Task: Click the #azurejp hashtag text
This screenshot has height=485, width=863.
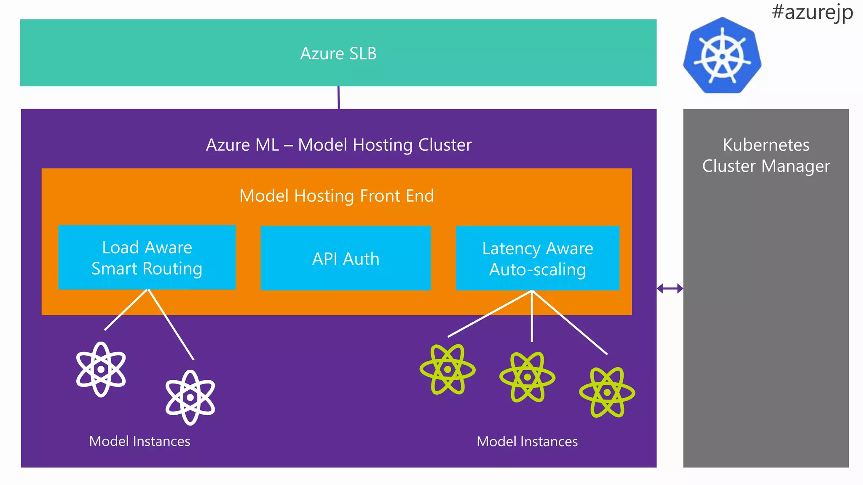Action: point(812,12)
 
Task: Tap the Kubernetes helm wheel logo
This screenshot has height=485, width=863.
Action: point(722,56)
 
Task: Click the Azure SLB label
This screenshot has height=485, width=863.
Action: point(338,53)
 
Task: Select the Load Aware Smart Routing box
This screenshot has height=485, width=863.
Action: point(147,257)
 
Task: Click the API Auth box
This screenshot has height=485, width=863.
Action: point(346,258)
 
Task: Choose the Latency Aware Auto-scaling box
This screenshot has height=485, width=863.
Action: point(537,258)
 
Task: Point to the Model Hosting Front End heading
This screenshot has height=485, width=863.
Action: point(337,196)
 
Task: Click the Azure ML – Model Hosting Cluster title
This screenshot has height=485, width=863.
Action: point(338,145)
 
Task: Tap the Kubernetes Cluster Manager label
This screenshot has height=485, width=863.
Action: point(766,155)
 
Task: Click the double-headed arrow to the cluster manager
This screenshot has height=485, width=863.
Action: point(670,288)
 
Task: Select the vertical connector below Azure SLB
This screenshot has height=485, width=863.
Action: point(338,98)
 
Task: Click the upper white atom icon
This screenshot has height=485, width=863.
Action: point(101,369)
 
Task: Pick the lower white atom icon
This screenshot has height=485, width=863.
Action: point(190,397)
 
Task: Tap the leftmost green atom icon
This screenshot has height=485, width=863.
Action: point(448,369)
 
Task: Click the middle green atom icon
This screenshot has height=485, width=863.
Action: point(527,377)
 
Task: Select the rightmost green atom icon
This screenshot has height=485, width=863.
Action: point(607,392)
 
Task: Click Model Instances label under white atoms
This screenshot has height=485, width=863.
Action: point(139,441)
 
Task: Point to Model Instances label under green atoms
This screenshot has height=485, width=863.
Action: point(527,442)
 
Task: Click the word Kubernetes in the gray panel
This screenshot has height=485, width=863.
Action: point(766,145)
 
